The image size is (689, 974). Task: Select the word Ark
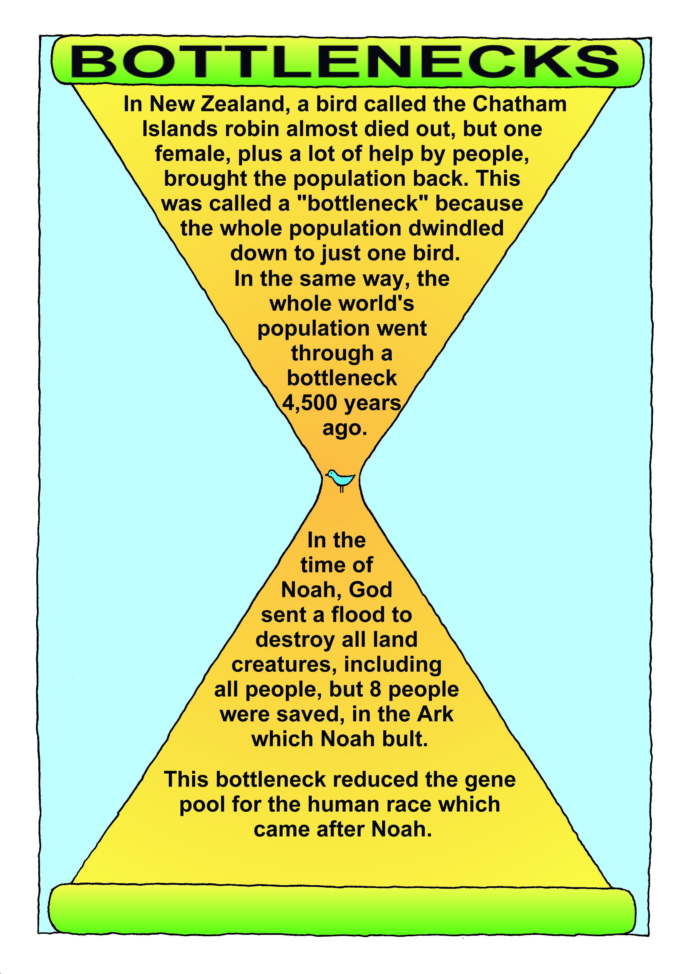pyautogui.click(x=435, y=714)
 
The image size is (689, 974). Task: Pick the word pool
pyautogui.click(x=202, y=805)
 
